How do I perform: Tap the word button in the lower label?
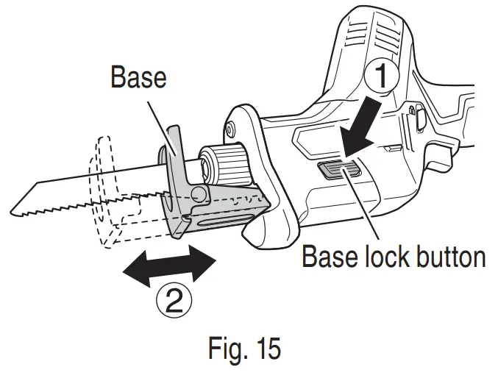(449, 257)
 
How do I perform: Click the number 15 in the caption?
(266, 348)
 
